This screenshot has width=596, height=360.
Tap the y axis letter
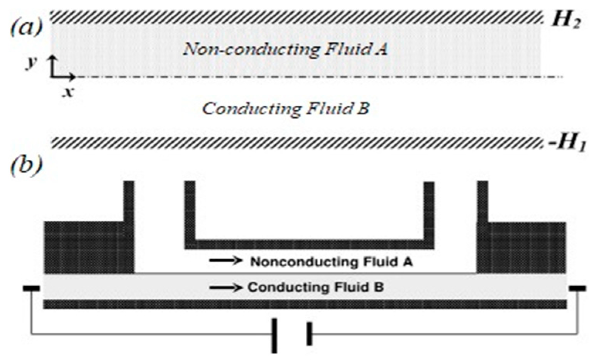tap(31, 62)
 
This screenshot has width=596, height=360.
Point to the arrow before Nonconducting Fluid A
tap(225, 261)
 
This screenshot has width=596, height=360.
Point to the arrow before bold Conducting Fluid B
tap(225, 287)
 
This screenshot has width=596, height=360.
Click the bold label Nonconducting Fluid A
tap(332, 262)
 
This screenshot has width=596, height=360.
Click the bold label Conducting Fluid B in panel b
tap(315, 287)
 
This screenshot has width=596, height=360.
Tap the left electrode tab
tap(31, 288)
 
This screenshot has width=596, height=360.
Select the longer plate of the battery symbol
tap(274, 335)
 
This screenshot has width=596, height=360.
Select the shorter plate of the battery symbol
tap(309, 334)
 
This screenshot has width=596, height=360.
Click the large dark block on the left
tap(85, 247)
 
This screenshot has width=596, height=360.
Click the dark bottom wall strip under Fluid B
tap(305, 304)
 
